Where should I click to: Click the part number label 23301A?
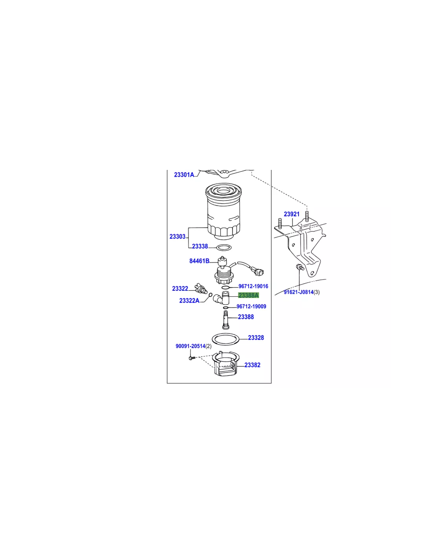click(x=184, y=175)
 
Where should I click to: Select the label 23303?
click(x=178, y=237)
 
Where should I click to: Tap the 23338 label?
click(x=200, y=246)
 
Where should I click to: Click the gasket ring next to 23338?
click(x=224, y=248)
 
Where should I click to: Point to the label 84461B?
click(x=199, y=261)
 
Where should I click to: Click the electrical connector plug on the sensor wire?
click(x=259, y=271)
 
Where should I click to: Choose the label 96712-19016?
click(x=253, y=286)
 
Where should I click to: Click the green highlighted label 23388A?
click(x=249, y=295)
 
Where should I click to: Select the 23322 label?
click(x=180, y=289)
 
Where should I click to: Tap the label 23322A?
click(x=189, y=301)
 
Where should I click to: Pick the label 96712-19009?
click(x=251, y=306)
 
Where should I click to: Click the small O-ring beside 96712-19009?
click(x=226, y=308)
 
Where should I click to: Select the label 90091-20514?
click(x=190, y=346)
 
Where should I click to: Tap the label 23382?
click(x=253, y=365)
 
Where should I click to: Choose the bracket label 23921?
click(x=292, y=214)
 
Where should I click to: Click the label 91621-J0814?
click(x=298, y=292)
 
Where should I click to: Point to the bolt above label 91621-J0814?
click(x=300, y=267)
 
